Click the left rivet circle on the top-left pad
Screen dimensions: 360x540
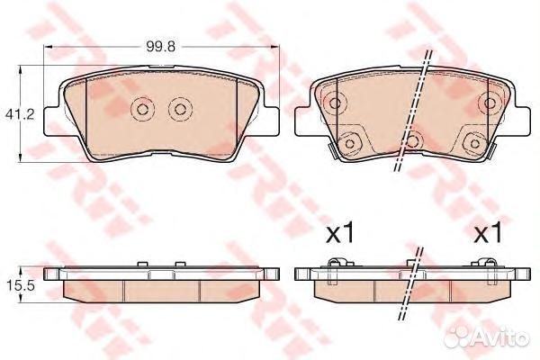142,110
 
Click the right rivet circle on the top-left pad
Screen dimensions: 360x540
179,110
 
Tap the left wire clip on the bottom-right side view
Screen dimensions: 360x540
335,265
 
